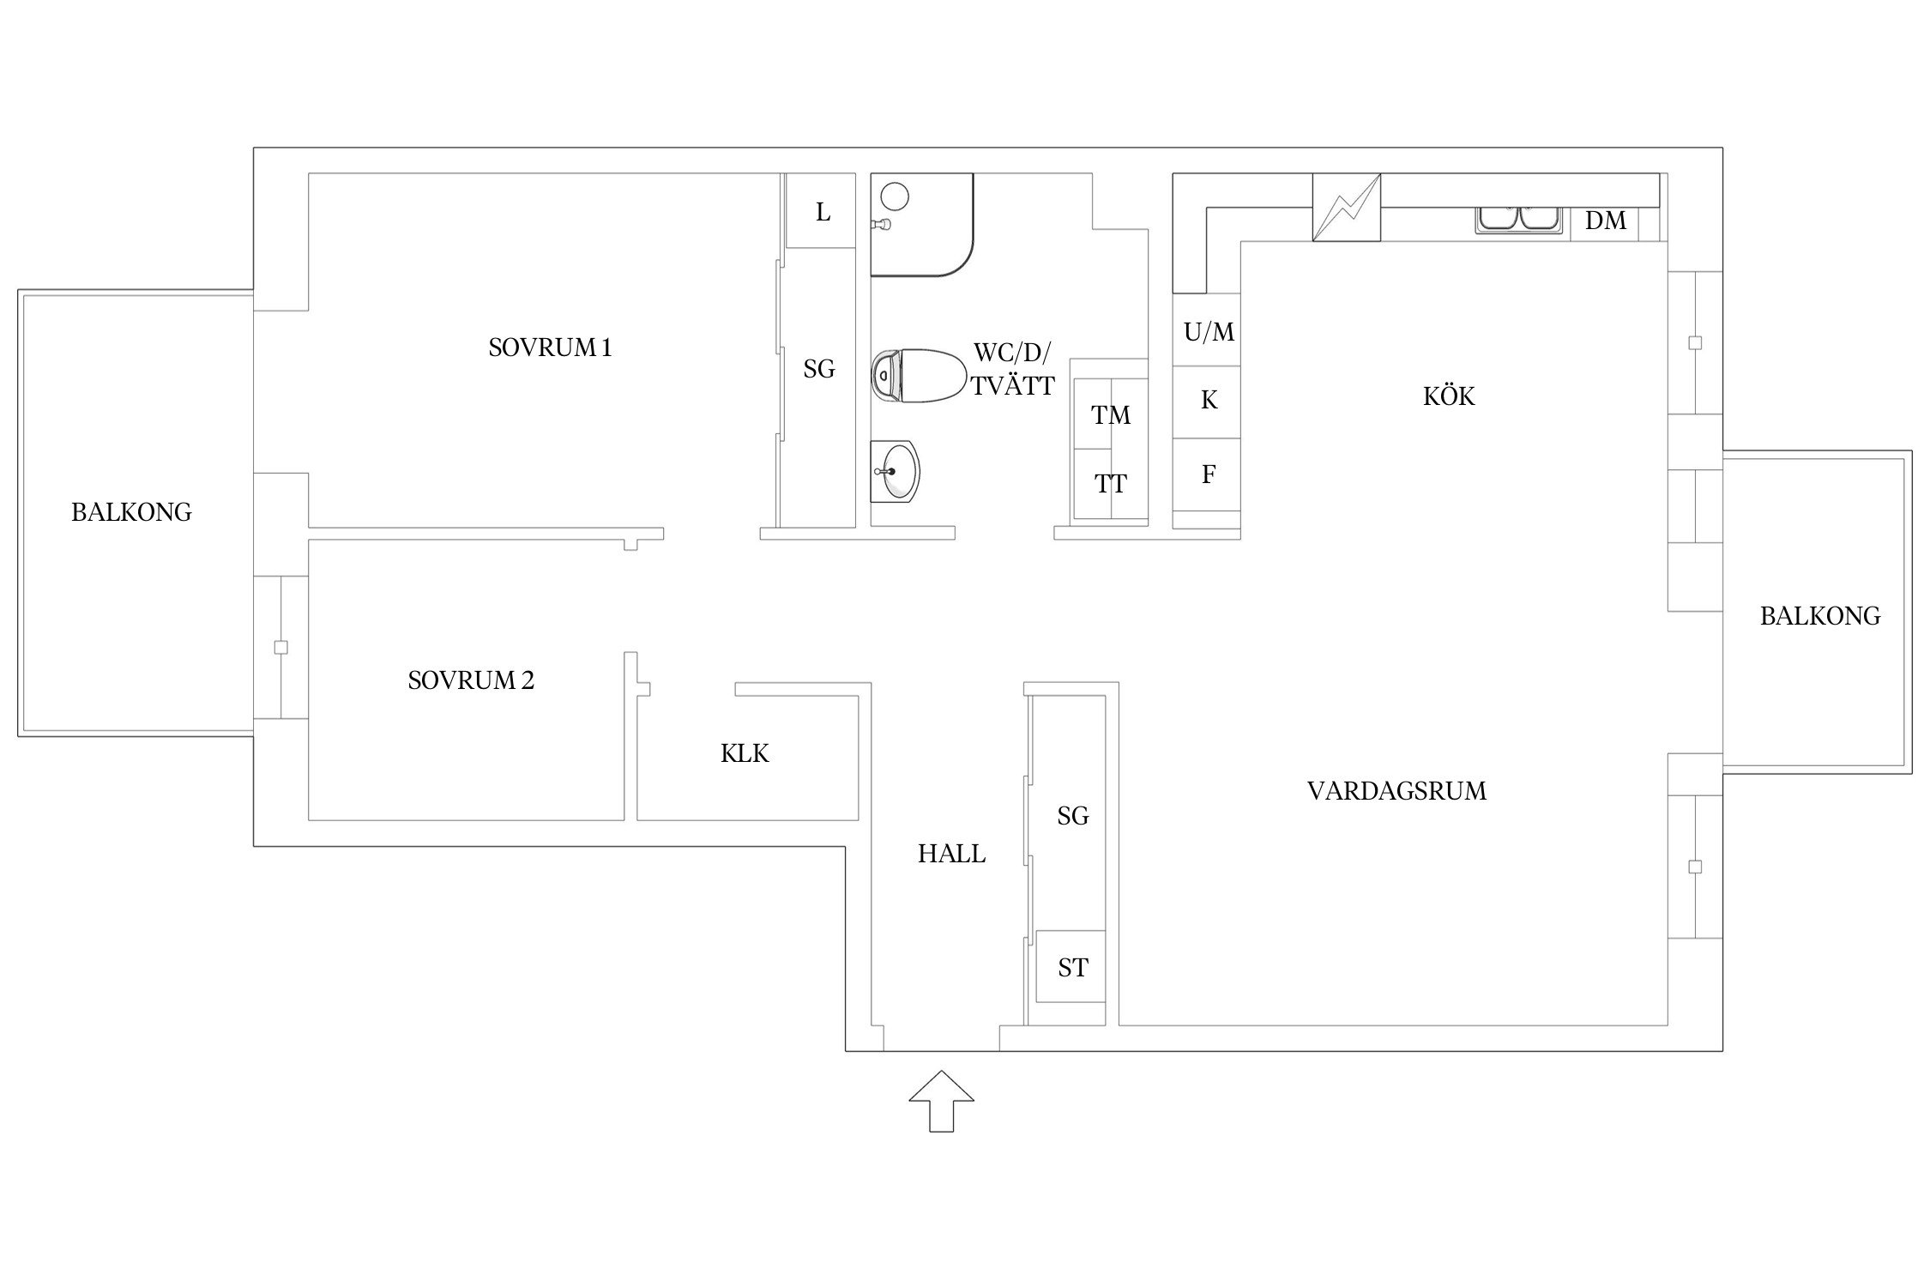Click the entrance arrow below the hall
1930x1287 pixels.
(x=941, y=1101)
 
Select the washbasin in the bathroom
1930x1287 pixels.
(x=896, y=471)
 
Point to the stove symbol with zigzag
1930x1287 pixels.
(x=1347, y=207)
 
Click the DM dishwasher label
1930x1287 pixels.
(x=1606, y=221)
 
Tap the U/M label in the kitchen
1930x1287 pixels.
(x=1209, y=331)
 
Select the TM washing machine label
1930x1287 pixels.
(x=1111, y=415)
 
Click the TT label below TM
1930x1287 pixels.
(x=1111, y=484)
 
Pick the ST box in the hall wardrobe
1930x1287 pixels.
(x=1072, y=967)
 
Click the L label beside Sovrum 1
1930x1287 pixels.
(x=823, y=212)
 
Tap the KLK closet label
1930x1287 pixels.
(x=745, y=753)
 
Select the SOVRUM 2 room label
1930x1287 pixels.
(x=471, y=680)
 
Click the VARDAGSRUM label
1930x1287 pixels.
(x=1396, y=790)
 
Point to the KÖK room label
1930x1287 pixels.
(x=1449, y=396)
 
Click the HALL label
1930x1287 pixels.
(x=951, y=854)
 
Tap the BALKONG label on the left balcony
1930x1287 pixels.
(x=131, y=512)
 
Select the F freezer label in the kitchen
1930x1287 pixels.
(x=1209, y=474)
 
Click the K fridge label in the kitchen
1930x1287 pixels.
(x=1209, y=400)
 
